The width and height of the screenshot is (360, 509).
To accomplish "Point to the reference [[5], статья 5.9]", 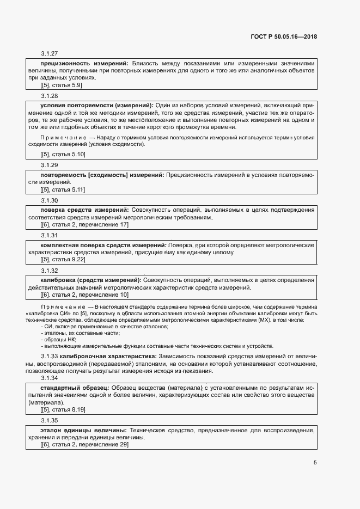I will pos(61,85).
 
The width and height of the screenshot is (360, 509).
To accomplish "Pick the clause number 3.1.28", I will pos(49,95).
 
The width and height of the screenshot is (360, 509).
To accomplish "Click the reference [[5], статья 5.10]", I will pos(63,155).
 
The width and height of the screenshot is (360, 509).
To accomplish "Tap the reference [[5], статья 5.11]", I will pos(63,189).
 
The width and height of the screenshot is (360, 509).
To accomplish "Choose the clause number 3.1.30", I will pos(49,200).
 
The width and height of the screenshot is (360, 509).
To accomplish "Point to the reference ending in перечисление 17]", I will pos(84,224).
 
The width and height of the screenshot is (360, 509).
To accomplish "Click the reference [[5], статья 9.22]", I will pos(63,260).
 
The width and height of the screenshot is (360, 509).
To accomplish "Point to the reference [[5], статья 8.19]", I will pos(63,409).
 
